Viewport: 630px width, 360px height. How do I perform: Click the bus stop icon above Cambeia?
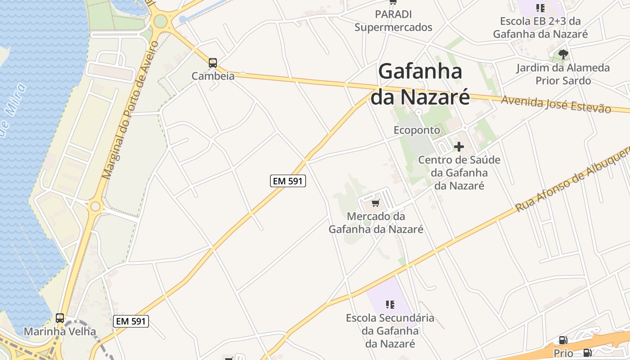coord(213,63)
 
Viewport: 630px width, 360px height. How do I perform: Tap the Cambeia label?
coord(213,76)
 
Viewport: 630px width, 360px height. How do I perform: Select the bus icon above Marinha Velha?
coord(60,318)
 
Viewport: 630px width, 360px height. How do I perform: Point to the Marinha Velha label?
coord(60,332)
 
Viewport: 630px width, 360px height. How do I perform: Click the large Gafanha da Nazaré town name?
coord(420,84)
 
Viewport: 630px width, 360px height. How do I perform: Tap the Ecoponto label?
coord(417,130)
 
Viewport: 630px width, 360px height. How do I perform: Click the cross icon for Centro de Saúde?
coord(459,147)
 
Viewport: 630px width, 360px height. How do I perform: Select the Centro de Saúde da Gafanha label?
coord(459,173)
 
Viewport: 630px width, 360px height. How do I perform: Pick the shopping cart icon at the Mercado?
coord(376,203)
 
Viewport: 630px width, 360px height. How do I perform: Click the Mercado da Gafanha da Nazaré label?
coord(376,223)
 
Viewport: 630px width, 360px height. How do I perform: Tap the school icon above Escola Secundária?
coord(390,305)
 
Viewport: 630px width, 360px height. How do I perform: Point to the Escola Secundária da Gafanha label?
coord(390,331)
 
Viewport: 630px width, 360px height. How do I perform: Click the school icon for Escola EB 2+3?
coord(540,8)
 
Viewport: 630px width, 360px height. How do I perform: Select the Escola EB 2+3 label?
coord(540,28)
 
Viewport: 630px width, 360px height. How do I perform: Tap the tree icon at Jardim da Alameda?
coord(563,55)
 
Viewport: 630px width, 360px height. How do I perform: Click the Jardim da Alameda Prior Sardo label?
coord(563,74)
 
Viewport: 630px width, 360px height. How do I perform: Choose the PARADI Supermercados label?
coord(393,21)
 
